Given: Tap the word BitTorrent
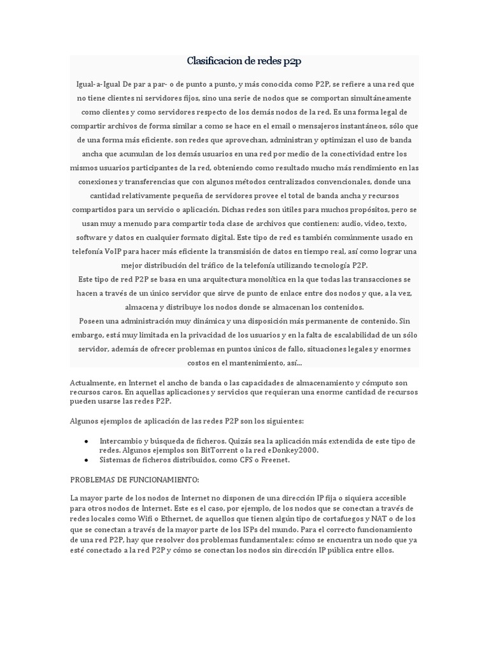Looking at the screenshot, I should click(196, 450).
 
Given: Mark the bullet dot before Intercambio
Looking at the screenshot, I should click(86, 441).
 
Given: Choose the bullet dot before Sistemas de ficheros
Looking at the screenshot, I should click(86, 459).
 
